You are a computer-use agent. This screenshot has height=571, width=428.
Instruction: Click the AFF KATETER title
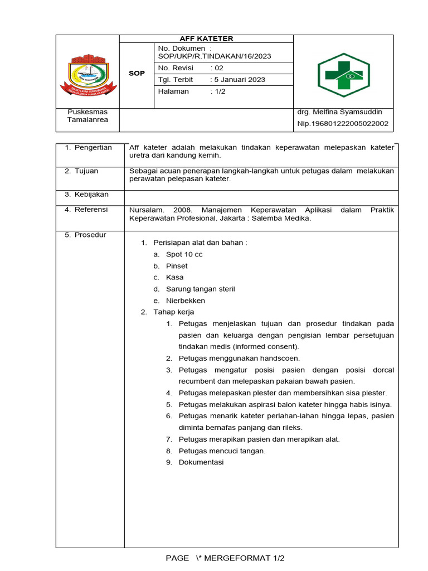(206, 38)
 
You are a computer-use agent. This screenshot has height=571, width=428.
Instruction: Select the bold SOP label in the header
(137, 74)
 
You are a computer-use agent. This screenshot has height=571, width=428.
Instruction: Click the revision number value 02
(219, 67)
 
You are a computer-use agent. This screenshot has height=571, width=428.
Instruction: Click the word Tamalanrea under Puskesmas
(88, 120)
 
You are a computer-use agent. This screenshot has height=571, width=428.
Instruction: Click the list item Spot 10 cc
(184, 254)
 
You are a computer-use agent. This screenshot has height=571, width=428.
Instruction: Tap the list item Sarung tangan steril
(200, 289)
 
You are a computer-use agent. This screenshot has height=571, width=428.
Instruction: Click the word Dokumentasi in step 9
(201, 462)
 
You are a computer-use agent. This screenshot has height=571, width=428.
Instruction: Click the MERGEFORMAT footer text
(237, 558)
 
